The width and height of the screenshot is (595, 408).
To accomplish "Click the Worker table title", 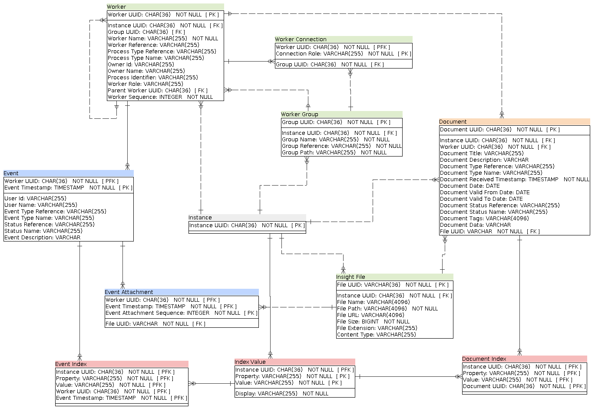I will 117,7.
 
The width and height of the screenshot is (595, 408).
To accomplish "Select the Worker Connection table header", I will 301,39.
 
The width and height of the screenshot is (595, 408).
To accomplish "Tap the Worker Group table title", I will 300,114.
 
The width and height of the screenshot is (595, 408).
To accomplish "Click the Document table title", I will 453,122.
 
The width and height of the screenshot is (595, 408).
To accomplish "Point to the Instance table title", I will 200,218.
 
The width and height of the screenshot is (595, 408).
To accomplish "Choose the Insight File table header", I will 350,277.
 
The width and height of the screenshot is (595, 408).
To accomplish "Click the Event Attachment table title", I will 129,292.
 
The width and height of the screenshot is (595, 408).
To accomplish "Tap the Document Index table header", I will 484,359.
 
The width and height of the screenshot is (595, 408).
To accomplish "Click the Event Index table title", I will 71,364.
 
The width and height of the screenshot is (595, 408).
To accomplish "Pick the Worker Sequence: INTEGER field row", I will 160,97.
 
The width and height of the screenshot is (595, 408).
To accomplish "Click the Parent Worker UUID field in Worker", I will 158,91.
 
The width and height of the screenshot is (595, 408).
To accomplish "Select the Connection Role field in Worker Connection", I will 343,54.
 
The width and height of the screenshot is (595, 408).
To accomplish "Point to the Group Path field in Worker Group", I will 334,153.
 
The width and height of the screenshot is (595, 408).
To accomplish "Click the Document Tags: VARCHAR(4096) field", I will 484,219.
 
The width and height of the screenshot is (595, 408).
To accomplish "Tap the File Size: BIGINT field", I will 373,322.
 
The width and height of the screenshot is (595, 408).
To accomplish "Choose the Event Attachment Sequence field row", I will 182,313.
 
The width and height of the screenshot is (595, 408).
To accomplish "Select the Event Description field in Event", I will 43,238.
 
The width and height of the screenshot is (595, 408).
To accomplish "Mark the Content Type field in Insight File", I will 376,335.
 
